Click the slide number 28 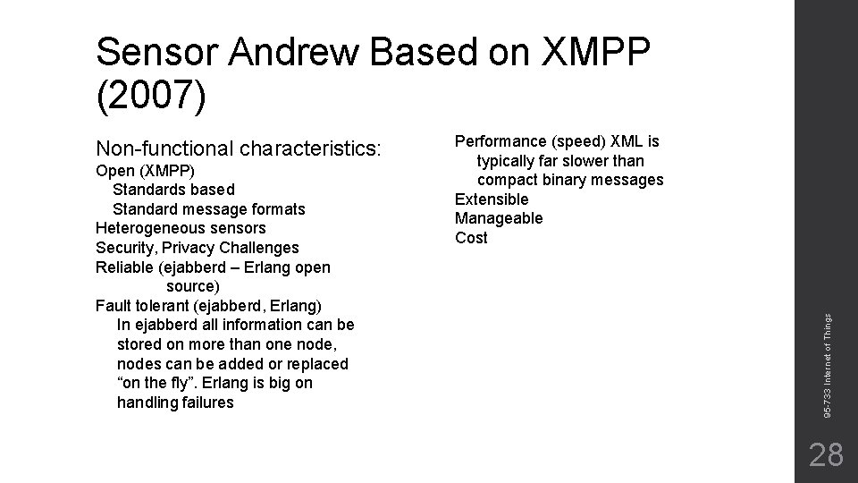point(825,454)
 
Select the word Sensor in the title point(159,55)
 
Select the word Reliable point(123,267)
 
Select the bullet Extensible point(492,199)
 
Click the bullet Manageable point(499,218)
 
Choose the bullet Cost point(471,238)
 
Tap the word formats point(277,209)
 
